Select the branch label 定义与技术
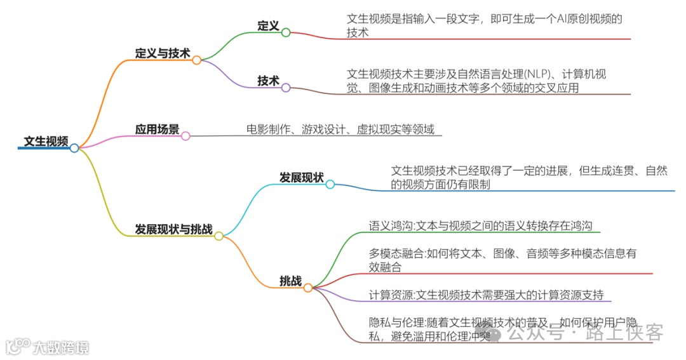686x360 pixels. pos(163,53)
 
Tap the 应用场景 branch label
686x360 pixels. pos(157,129)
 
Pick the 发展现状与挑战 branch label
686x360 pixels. pos(173,229)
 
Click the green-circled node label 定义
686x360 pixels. pos(268,25)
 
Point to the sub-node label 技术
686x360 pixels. pos(268,81)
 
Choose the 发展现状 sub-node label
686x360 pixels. pos(302,177)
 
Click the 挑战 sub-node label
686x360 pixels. pos(290,281)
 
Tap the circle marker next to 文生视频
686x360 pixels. pos(74,148)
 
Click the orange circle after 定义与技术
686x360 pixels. pos(197,60)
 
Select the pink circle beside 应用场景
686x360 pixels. pos(185,136)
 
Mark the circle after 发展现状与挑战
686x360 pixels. pos(219,236)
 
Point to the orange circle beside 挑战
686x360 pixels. pos(308,288)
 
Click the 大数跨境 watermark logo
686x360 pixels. pos(48,347)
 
